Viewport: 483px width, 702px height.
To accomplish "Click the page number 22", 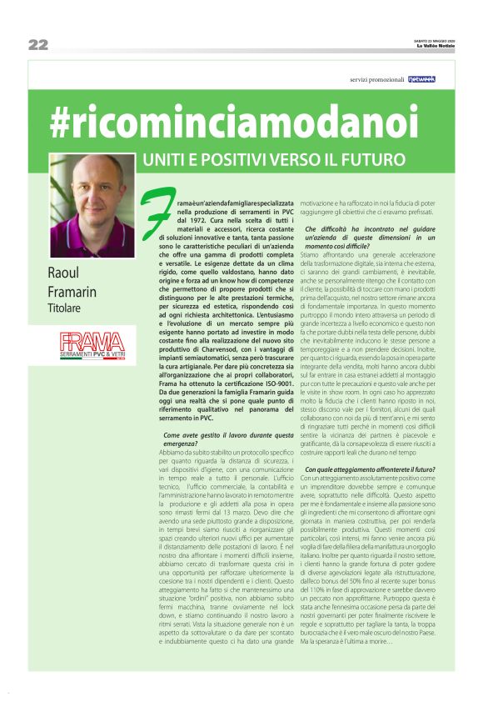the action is [37, 44].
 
